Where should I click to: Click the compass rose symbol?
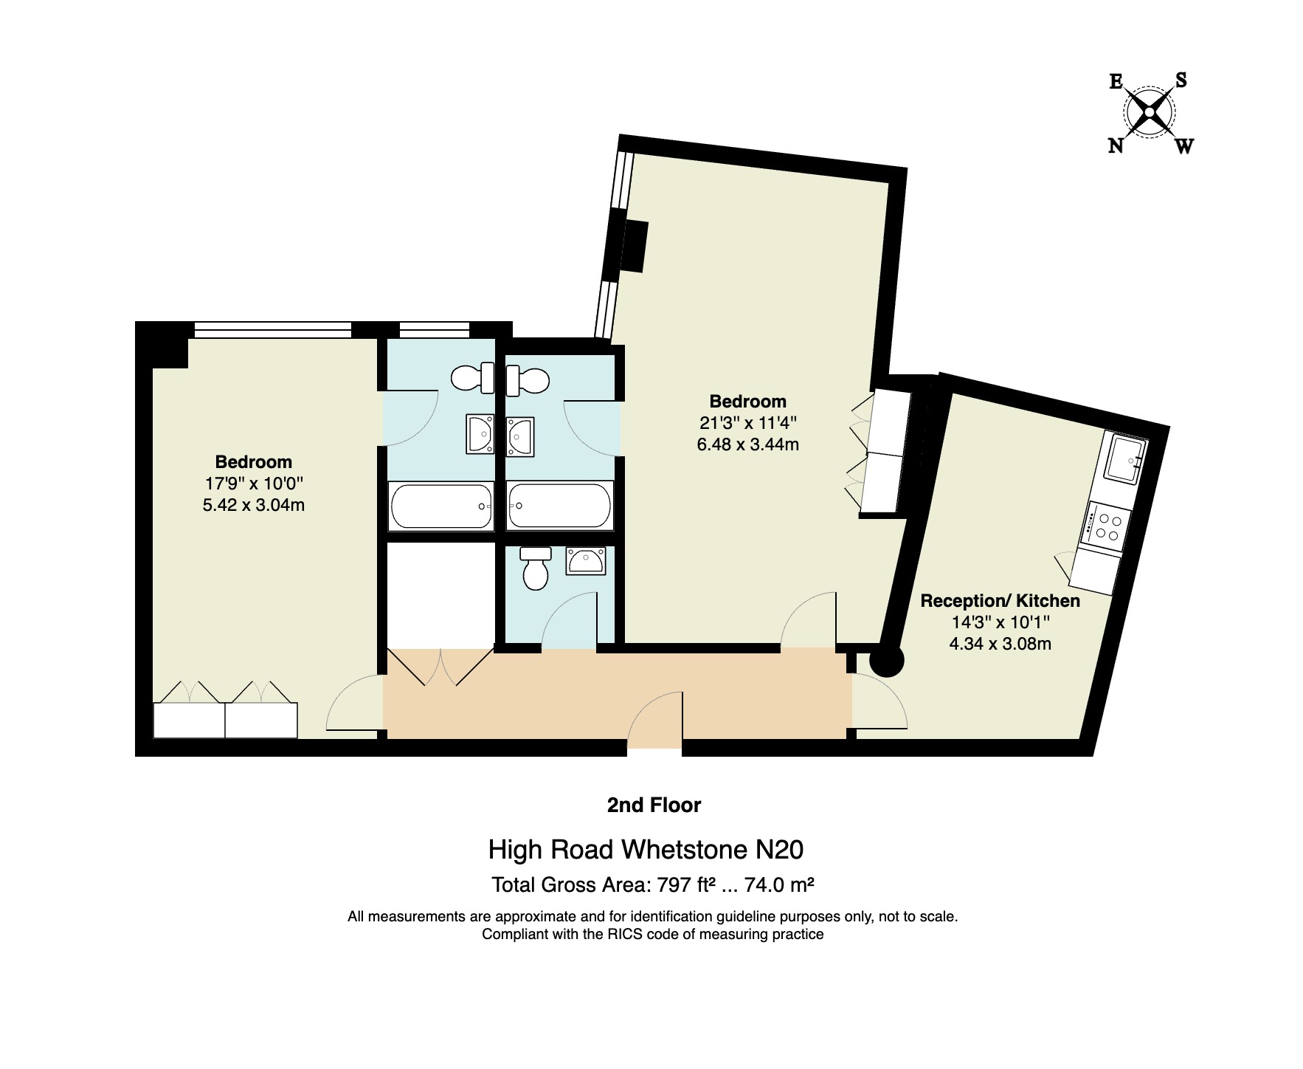click(x=1150, y=112)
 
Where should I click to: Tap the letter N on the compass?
click(x=1116, y=145)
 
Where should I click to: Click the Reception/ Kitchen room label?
click(x=1000, y=601)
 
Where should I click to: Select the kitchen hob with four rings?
click(x=1105, y=524)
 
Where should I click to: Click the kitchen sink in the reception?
click(x=1125, y=459)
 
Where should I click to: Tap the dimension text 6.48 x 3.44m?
click(x=747, y=444)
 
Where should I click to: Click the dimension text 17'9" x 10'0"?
click(x=254, y=484)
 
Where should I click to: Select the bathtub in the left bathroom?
click(x=441, y=506)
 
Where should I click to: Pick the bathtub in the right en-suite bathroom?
click(x=560, y=506)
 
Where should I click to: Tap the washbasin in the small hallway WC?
click(x=586, y=561)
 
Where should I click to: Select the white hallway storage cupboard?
click(x=440, y=595)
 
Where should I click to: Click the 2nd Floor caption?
click(x=654, y=805)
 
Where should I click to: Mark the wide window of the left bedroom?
click(x=272, y=329)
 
